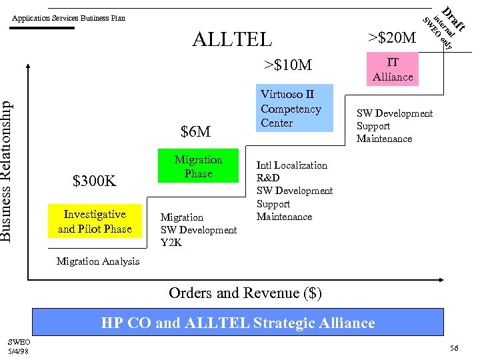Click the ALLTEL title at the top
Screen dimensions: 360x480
pyautogui.click(x=232, y=39)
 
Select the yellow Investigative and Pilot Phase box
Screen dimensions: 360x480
pyautogui.click(x=95, y=221)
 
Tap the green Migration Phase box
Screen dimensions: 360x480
pyautogui.click(x=198, y=167)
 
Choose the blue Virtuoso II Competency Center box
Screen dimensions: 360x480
pyautogui.click(x=294, y=109)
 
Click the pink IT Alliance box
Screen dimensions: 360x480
pyautogui.click(x=393, y=69)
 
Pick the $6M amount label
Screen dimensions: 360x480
pyautogui.click(x=196, y=132)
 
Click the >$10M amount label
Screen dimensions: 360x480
pyautogui.click(x=287, y=65)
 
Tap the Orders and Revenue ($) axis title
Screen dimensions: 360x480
pyautogui.click(x=245, y=293)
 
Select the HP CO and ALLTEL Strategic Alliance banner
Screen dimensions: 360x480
pyautogui.click(x=238, y=323)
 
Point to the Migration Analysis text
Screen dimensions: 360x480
pyautogui.click(x=98, y=261)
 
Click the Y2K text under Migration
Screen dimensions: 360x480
pyautogui.click(x=171, y=243)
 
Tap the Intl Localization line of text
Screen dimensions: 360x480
pyautogui.click(x=292, y=165)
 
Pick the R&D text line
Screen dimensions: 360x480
pyautogui.click(x=268, y=178)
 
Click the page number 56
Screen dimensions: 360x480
pyautogui.click(x=455, y=349)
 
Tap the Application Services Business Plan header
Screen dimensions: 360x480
pyautogui.click(x=69, y=18)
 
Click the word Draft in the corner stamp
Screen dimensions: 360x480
pyautogui.click(x=455, y=17)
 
